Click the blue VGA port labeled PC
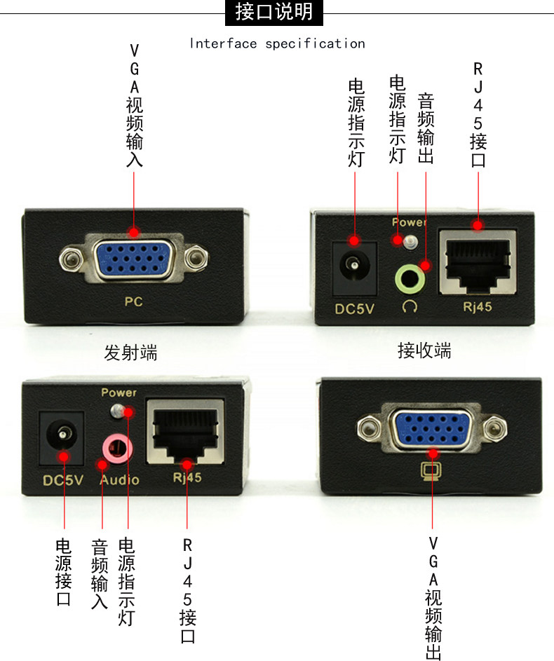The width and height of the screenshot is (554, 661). coord(133,259)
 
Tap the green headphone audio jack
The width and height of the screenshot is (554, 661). coord(411,278)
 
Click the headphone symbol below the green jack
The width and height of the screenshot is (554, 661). coord(410,306)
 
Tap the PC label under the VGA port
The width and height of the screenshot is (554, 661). coord(133,302)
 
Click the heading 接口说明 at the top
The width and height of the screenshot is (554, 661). coord(275,12)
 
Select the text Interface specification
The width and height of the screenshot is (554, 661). coord(277,43)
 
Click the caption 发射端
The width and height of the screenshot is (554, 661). coord(130,353)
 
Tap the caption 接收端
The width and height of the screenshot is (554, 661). coord(424,350)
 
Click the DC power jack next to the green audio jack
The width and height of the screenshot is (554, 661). coord(354,266)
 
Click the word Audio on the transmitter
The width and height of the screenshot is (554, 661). coord(119,480)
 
